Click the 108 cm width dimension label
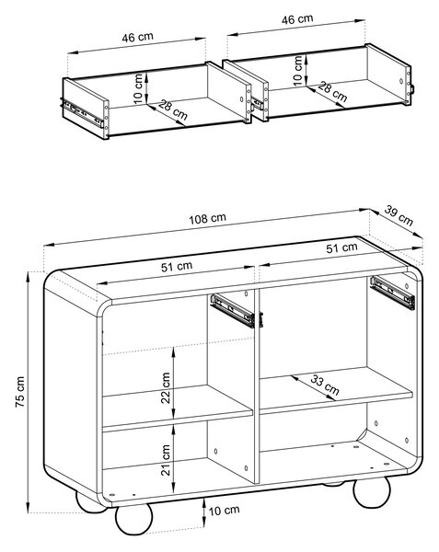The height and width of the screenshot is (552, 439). (207, 219)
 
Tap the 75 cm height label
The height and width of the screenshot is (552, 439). (20, 392)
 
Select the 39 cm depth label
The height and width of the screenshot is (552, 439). (399, 215)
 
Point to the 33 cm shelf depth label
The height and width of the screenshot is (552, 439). (325, 385)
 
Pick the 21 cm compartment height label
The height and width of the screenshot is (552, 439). (165, 460)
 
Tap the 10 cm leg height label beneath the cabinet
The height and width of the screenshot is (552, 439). (224, 510)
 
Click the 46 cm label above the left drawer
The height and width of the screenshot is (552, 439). (137, 37)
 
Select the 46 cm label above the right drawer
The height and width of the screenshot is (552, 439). (297, 18)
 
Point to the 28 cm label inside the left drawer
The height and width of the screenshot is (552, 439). (172, 109)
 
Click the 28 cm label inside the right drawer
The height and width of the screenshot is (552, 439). (332, 91)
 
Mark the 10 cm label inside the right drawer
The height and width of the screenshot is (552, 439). (298, 71)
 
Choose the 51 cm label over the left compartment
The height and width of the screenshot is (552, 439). (177, 266)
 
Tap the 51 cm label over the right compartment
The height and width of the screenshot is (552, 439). (341, 247)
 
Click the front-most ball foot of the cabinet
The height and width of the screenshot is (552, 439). (133, 519)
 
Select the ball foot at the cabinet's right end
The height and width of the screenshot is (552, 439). (372, 491)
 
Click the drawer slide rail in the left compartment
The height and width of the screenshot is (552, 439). (232, 311)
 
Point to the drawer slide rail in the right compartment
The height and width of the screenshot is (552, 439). (392, 293)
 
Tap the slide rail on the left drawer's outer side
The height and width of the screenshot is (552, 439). (82, 112)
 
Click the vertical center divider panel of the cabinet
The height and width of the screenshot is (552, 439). (257, 385)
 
